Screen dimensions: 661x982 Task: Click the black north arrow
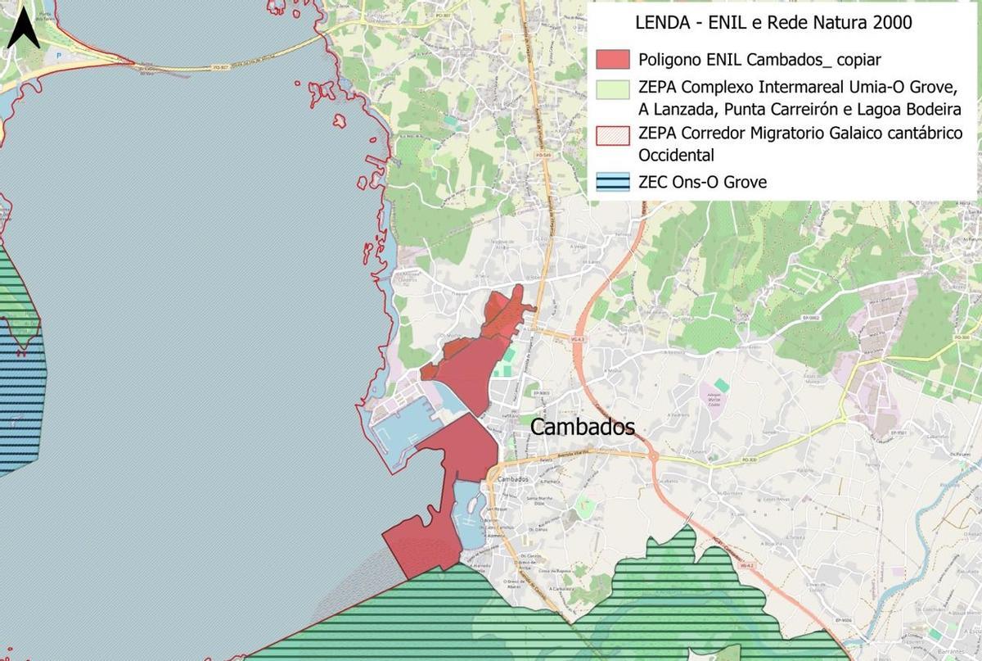tap(25, 29)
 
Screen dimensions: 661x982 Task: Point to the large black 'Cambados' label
tap(583, 427)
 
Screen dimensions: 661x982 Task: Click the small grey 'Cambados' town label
tap(514, 479)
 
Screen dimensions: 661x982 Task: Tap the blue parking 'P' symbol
tap(58, 55)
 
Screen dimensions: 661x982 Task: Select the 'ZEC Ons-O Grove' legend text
tap(702, 182)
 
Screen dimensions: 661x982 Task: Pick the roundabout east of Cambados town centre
tap(652, 455)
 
